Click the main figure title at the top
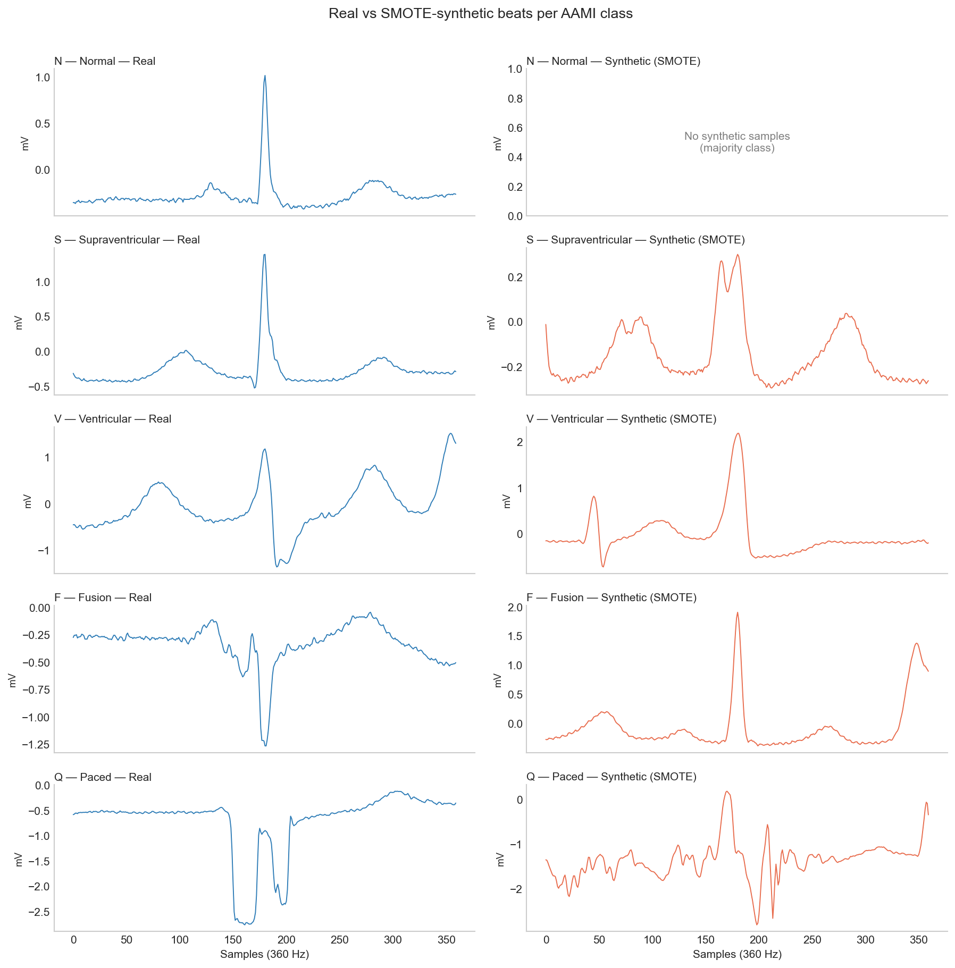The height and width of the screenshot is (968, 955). click(480, 14)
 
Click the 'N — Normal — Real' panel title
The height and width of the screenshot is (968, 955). click(105, 61)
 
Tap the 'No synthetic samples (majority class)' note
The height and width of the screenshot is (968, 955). click(736, 142)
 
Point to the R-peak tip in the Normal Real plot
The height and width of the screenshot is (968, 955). click(265, 76)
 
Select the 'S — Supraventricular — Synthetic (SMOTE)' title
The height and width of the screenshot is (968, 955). click(635, 240)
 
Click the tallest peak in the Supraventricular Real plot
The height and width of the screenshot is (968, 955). click(264, 255)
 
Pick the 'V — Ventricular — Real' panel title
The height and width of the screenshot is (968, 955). click(113, 419)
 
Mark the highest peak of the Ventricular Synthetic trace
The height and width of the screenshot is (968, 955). click(738, 434)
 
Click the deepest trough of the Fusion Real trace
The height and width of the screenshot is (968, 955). click(265, 745)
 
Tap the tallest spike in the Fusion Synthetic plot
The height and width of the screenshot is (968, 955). click(737, 613)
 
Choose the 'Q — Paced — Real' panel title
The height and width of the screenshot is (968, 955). click(103, 777)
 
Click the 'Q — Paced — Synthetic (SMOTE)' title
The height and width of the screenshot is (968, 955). click(611, 777)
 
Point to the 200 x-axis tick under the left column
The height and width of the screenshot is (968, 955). click(286, 940)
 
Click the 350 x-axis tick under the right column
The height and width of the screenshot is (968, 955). click(918, 940)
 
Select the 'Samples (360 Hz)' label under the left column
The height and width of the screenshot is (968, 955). click(264, 954)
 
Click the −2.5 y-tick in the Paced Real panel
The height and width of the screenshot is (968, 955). click(36, 912)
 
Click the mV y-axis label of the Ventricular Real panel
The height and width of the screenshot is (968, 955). click(28, 501)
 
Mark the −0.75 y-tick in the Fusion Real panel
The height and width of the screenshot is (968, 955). click(36, 690)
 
